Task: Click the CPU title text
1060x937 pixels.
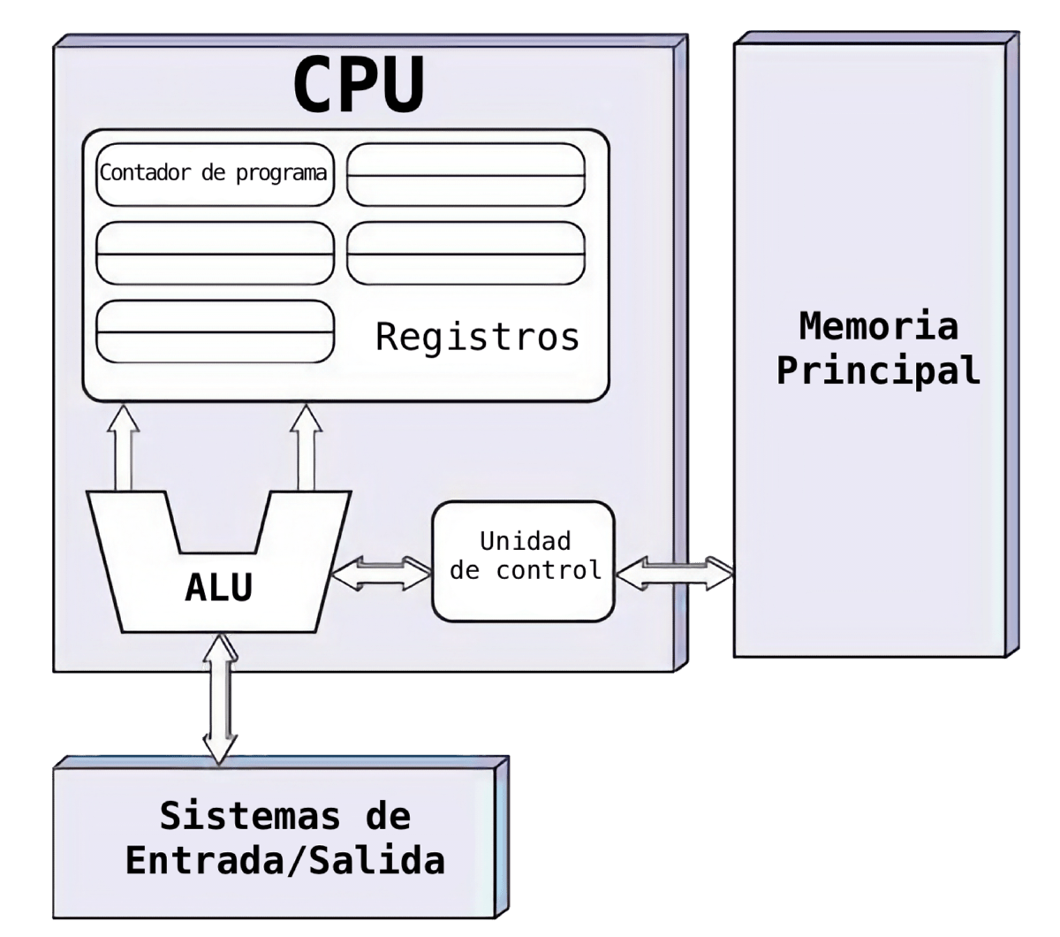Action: (359, 84)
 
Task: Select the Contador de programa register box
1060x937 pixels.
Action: (215, 174)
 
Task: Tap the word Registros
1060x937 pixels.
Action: (477, 337)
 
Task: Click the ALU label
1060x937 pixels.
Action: (219, 587)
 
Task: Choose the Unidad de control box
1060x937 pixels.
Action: (523, 561)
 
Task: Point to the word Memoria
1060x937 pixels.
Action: (878, 326)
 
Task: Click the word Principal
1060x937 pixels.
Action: (878, 370)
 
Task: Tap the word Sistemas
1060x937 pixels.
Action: (250, 816)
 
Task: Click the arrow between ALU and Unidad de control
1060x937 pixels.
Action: (382, 574)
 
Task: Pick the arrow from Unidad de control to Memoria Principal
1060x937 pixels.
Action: (674, 574)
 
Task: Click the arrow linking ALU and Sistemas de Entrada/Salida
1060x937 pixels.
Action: (220, 700)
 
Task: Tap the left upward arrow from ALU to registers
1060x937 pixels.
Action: (123, 447)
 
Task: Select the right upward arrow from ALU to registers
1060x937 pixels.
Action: (306, 447)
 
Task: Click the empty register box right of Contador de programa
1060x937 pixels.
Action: (466, 174)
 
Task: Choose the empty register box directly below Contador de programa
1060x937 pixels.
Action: (215, 253)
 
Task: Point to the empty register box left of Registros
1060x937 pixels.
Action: (215, 331)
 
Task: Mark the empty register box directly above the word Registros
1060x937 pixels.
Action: (466, 253)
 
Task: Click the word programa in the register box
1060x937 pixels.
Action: (282, 174)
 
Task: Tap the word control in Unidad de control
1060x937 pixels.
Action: (549, 570)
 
